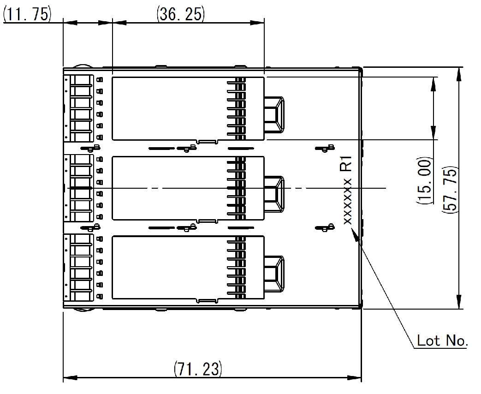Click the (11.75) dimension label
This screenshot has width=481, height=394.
tap(26, 14)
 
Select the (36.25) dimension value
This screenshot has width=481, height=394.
tap(180, 14)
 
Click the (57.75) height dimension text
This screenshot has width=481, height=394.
tap(450, 189)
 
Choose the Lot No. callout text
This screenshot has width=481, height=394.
tap(442, 341)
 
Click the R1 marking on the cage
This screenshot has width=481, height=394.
tap(346, 164)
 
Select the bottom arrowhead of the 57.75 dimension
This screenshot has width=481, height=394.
tap(459, 303)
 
